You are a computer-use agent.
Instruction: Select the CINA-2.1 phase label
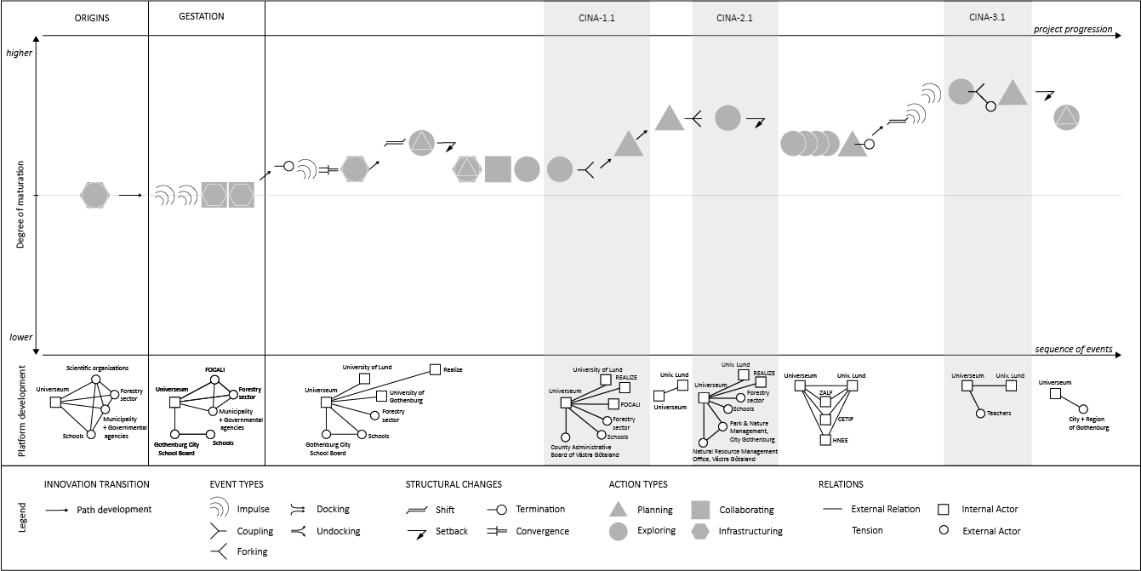[734, 18]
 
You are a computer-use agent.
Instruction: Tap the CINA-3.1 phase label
[987, 18]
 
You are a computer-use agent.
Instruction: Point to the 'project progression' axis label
[1072, 29]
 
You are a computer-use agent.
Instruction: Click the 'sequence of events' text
[1074, 349]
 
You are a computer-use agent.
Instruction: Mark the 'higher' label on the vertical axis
[19, 53]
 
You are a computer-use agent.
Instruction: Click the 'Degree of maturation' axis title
[21, 196]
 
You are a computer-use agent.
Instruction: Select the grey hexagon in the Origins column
[94, 195]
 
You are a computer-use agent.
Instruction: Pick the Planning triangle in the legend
[619, 510]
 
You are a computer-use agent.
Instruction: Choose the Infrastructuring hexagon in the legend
[702, 531]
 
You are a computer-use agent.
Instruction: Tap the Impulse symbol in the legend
[219, 509]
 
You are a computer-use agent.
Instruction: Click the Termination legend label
[540, 509]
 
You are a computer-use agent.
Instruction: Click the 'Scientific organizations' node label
[97, 368]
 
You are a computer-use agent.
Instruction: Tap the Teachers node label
[999, 414]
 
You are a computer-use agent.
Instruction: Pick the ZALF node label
[825, 392]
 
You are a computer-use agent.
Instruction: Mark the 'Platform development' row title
[21, 411]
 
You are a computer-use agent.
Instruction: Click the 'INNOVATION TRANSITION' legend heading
[96, 484]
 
